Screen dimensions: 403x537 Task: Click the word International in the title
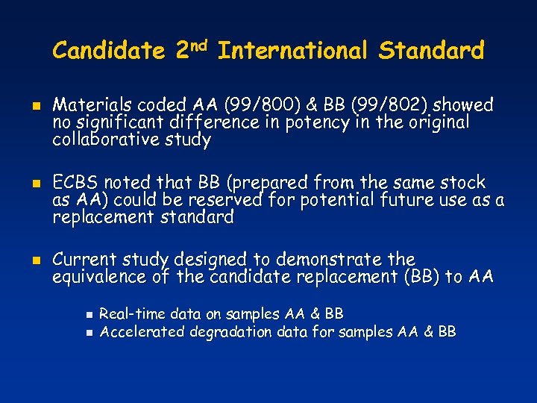tap(292, 51)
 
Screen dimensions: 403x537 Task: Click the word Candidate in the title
tap(109, 51)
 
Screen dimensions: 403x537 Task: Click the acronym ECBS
tap(75, 183)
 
